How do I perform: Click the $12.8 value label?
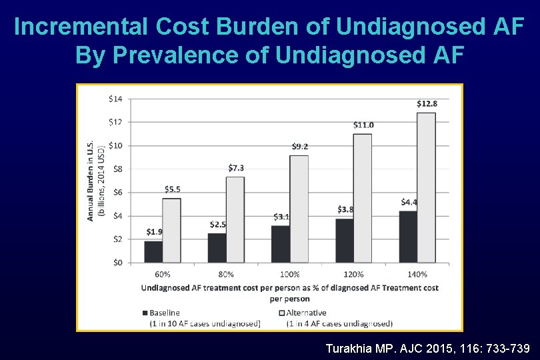click(427, 103)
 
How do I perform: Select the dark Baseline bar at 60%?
click(153, 251)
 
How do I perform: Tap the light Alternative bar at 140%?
click(427, 187)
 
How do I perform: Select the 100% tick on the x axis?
click(290, 274)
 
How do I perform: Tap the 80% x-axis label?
click(226, 274)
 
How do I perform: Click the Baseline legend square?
click(145, 313)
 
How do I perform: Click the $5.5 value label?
click(172, 189)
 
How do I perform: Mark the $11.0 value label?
click(363, 125)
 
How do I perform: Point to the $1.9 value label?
click(154, 232)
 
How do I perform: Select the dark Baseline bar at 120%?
click(345, 240)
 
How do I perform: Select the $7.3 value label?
click(236, 167)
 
